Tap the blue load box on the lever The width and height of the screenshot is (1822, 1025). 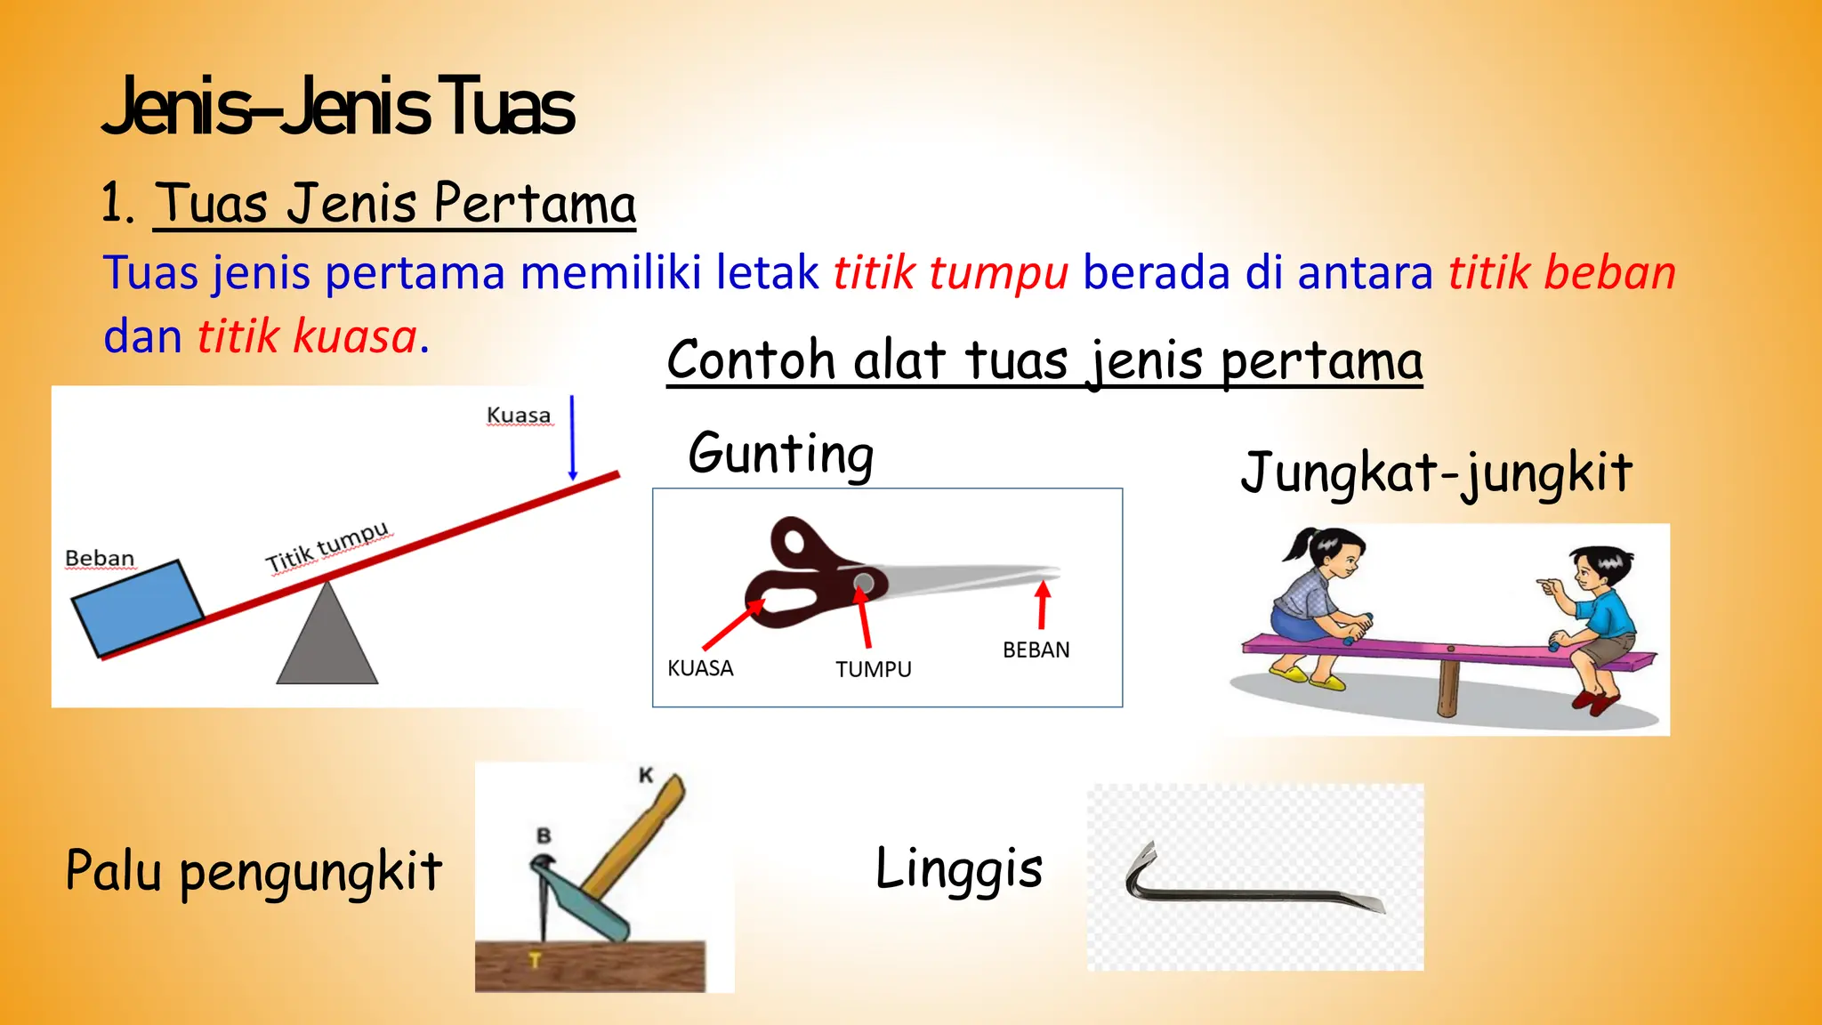point(137,609)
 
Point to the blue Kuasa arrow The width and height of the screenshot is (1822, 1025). point(572,438)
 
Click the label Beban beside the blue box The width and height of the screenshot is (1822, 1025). point(100,559)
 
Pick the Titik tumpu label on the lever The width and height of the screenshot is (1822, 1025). point(327,547)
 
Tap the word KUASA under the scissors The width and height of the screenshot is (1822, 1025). point(700,668)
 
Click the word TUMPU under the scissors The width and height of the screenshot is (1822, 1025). point(873,669)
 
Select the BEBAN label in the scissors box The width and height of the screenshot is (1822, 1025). point(1036,650)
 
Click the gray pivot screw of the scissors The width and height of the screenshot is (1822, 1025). point(863,583)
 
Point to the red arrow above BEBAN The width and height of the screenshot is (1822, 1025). point(1043,605)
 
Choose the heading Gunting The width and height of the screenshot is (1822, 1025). point(781,454)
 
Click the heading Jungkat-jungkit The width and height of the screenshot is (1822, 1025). point(1436,472)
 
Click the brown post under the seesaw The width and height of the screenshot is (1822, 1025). point(1448,685)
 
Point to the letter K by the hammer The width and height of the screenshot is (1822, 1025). point(646,775)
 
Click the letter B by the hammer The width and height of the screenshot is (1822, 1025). point(544,835)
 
